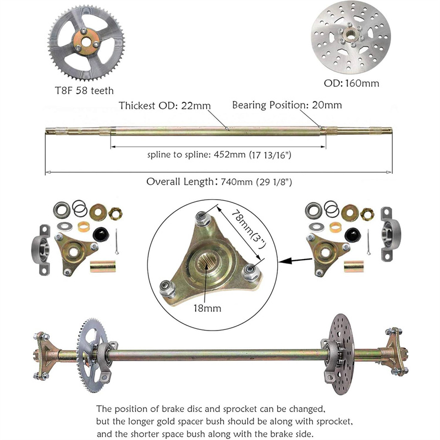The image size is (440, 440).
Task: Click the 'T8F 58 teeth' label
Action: coord(84,91)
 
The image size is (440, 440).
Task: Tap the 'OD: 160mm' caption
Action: coord(351,83)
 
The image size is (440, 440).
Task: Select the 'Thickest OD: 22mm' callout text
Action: coord(164,106)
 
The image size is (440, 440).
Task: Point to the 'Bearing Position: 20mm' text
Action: coord(287,105)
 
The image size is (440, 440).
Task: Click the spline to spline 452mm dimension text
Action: coord(219,155)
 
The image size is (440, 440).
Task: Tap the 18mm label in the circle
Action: coord(207,308)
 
